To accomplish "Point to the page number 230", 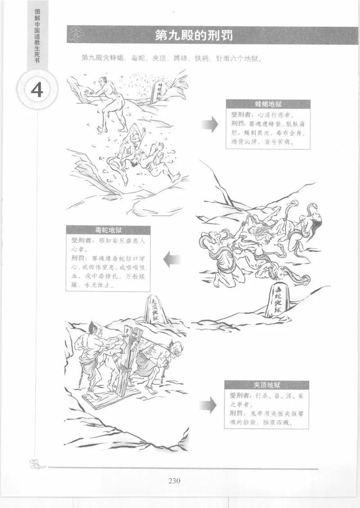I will click(x=175, y=481).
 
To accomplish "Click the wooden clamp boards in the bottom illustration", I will click(x=126, y=360).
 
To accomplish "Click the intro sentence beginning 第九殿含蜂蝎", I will click(x=172, y=58).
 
